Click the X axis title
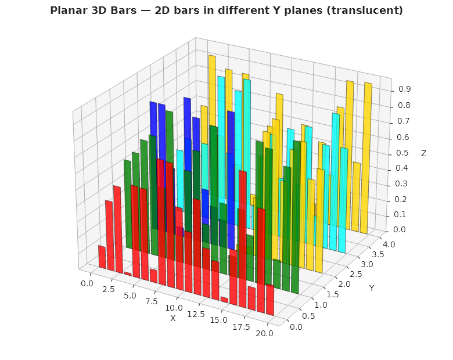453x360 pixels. (172, 318)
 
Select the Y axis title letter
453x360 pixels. (371, 288)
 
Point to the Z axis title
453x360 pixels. (423, 153)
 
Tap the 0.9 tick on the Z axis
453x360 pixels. (405, 89)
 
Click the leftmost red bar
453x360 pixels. (102, 257)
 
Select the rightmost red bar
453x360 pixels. (270, 300)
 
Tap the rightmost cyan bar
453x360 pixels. (344, 197)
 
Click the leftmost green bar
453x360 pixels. (128, 203)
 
